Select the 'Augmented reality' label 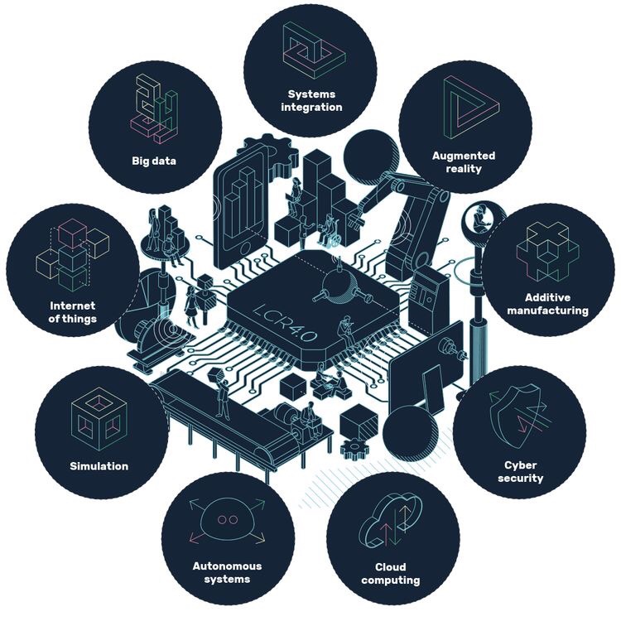click(x=464, y=161)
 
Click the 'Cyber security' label click(x=524, y=471)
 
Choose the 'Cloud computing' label click(x=390, y=574)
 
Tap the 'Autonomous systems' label click(x=227, y=572)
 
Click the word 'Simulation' click(x=99, y=465)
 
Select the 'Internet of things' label click(x=73, y=312)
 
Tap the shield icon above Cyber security click(x=520, y=418)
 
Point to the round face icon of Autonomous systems click(x=227, y=519)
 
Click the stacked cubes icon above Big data click(x=154, y=108)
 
